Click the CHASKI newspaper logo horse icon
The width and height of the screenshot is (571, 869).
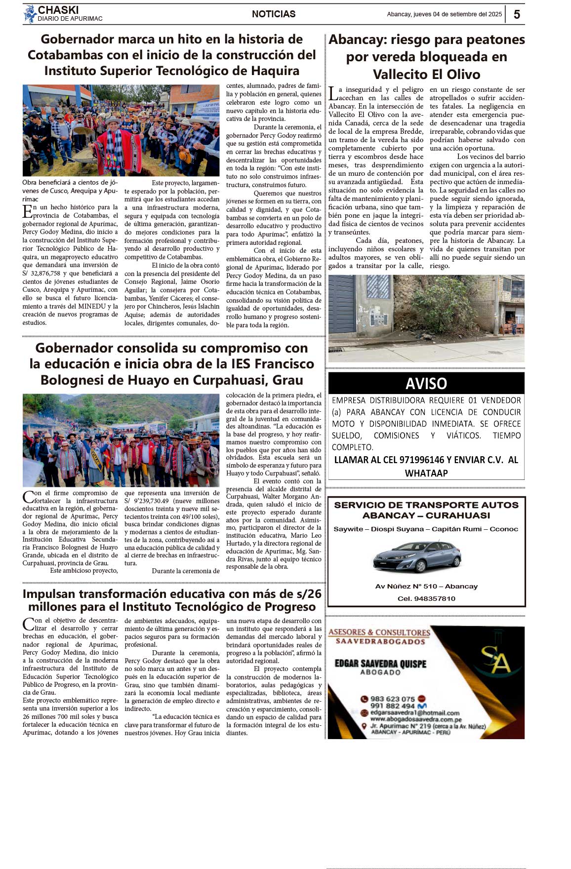pos(30,14)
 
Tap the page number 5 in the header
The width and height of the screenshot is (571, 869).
pos(517,14)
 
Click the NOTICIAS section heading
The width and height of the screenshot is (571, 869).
pos(274,14)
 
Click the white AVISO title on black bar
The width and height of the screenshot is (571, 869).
pos(426,384)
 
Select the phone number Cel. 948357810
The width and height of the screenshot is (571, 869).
pos(426,598)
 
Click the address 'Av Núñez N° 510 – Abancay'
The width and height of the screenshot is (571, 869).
pos(426,587)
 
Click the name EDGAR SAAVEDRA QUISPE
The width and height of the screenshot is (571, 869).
pos(380,664)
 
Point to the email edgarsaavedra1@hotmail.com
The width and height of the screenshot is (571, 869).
pos(415,713)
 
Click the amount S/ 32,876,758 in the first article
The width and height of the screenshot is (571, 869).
pos(45,274)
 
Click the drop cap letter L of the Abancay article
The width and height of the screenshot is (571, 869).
pos(333,93)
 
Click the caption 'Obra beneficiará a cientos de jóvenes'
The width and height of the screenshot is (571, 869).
pos(70,183)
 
